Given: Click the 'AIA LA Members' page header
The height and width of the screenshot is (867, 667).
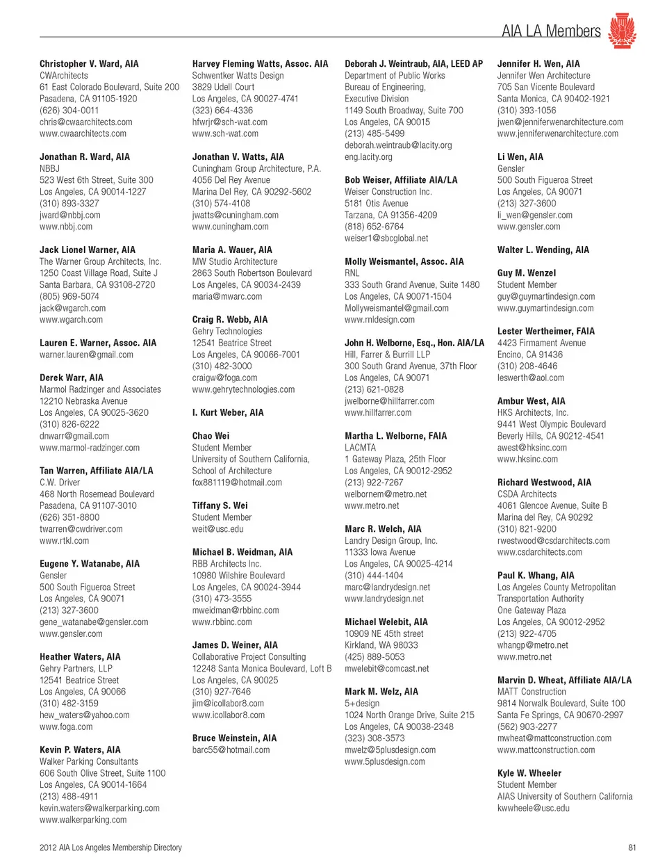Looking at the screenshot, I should [551, 31].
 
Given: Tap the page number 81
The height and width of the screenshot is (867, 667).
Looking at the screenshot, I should [632, 848].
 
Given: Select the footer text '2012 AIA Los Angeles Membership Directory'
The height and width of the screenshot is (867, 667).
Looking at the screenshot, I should [110, 848].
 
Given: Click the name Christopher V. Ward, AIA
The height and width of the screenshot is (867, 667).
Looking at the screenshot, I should [89, 64].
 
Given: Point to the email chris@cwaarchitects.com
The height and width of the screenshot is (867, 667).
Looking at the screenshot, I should [85, 122].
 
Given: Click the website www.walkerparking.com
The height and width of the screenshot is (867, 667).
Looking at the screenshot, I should [83, 820].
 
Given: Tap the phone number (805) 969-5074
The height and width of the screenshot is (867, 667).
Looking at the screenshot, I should [69, 296].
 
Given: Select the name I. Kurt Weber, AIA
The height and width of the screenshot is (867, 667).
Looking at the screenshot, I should [228, 412].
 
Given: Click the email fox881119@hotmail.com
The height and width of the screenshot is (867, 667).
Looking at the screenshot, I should [237, 483].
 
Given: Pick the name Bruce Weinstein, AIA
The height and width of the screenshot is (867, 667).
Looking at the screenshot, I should [234, 738].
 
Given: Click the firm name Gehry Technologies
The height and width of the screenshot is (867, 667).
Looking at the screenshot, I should [227, 331].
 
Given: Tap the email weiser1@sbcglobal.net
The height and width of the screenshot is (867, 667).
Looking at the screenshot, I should [386, 238].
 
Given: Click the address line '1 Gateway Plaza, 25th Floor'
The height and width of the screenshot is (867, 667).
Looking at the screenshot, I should [395, 459].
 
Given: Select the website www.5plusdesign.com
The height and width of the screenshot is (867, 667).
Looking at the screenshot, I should [384, 761].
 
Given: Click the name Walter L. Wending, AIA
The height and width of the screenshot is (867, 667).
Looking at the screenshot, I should [543, 250].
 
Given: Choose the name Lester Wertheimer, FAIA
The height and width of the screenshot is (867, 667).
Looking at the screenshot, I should [545, 331].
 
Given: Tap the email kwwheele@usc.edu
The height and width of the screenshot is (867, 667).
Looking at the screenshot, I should [533, 808].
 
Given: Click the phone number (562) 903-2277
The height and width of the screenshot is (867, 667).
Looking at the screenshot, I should [527, 727].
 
